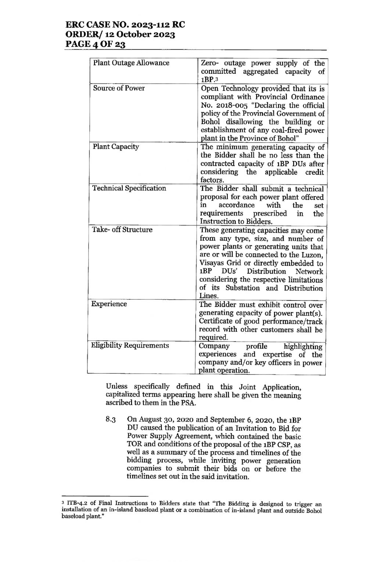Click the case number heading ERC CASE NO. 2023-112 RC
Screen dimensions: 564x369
coord(125,25)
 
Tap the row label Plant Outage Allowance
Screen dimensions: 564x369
coord(131,63)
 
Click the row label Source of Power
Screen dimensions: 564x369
coord(119,88)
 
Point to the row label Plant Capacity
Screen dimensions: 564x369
coord(116,147)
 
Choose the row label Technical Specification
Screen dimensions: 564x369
coord(129,188)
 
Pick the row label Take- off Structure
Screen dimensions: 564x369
coord(122,230)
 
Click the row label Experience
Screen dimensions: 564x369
coord(109,304)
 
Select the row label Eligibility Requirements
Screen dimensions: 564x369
coord(130,346)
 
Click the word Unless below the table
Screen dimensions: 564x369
coord(117,387)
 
